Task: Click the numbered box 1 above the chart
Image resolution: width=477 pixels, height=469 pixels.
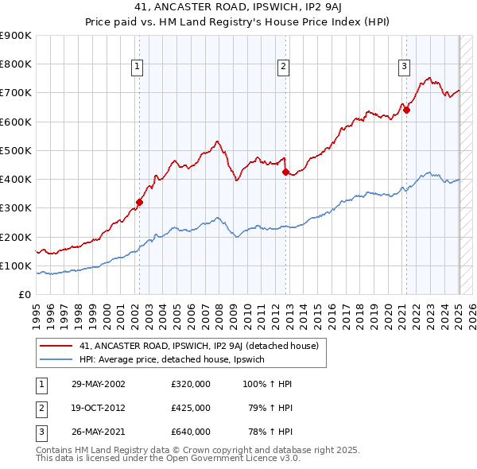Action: tap(138, 67)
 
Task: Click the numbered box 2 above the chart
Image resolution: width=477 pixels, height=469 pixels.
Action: tap(283, 67)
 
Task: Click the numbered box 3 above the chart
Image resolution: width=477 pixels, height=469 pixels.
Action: tap(404, 67)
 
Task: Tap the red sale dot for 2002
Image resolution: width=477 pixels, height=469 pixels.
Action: tap(139, 202)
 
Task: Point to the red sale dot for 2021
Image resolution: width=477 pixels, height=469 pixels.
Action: tap(405, 110)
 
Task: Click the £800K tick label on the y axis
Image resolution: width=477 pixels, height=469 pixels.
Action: tap(16, 64)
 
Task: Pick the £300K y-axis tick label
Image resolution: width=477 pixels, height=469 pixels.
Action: tap(16, 208)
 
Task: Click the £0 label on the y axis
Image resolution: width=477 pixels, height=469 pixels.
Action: tap(24, 294)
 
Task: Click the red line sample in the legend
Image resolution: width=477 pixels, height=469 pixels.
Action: tap(56, 346)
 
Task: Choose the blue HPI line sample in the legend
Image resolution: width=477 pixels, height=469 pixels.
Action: tap(56, 360)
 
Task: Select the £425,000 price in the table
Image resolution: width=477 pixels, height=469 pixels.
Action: tap(191, 408)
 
